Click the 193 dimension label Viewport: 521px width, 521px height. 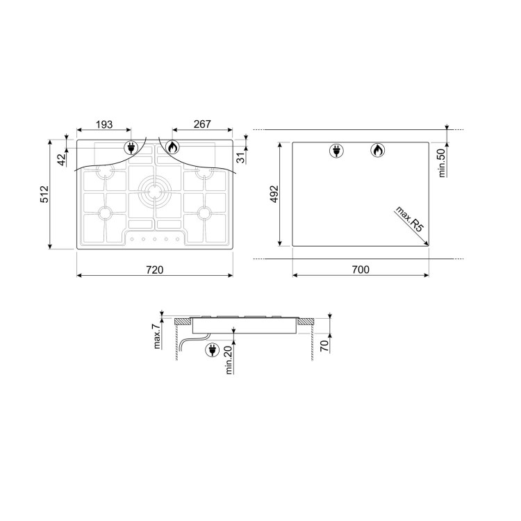pos(104,124)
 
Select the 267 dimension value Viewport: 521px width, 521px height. pos(202,124)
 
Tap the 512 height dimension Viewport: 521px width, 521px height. pos(44,195)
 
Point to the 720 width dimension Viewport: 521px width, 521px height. pos(155,270)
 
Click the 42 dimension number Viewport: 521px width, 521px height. pos(62,160)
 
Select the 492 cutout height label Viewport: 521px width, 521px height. pos(274,194)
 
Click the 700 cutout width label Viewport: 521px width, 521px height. pos(361,270)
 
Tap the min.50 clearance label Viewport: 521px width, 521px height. pos(441,163)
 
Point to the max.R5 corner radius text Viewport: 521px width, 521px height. pos(410,220)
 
